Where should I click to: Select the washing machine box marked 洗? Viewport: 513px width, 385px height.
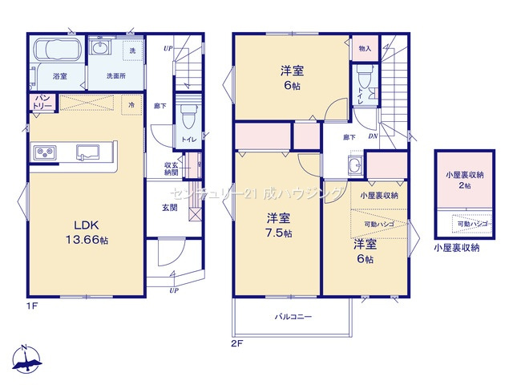click(x=132, y=50)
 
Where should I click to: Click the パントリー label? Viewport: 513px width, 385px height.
click(x=42, y=102)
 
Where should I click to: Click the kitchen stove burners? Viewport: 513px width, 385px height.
click(x=43, y=152)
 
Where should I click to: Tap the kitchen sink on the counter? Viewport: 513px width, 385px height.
click(x=87, y=151)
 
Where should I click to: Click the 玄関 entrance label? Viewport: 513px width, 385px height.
click(x=168, y=207)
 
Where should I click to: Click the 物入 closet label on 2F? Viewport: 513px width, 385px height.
click(x=366, y=49)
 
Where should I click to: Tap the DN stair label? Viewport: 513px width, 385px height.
click(x=373, y=136)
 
